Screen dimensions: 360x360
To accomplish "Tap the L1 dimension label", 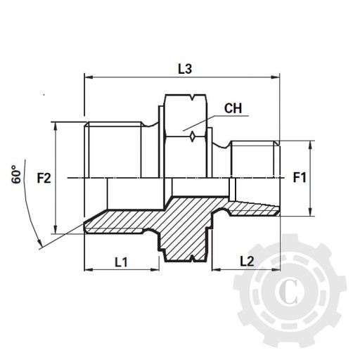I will coord(120,262).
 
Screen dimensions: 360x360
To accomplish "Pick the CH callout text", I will coord(235,109).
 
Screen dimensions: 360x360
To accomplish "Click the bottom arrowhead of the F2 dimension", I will coord(56,230).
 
